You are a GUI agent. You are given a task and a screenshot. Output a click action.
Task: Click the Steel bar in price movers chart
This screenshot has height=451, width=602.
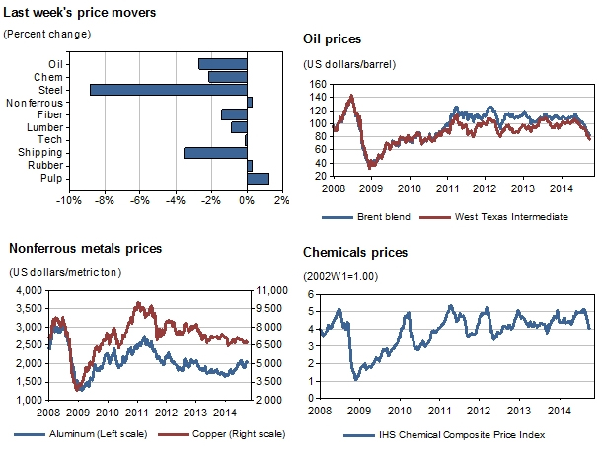point(168,90)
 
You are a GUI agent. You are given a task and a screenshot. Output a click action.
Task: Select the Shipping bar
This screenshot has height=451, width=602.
point(215,153)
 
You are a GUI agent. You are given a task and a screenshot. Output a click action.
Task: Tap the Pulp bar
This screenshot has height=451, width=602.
point(258,179)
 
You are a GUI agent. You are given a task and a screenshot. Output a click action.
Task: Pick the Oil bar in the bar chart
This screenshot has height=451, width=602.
point(222,64)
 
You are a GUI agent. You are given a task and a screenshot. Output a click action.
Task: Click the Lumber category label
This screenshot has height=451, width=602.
point(47,127)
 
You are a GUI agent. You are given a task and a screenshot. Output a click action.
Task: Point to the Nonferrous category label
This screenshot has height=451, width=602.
point(35,103)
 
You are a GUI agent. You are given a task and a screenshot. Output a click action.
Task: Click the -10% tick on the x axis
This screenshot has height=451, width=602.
point(68,201)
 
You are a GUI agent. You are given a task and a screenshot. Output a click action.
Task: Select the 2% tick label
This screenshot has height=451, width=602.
point(280,201)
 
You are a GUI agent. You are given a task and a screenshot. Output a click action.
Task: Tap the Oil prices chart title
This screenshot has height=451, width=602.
point(332,39)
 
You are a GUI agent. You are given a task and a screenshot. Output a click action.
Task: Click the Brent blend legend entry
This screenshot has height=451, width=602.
point(381,216)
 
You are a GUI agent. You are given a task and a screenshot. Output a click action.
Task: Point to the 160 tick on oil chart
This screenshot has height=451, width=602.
point(319,85)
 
